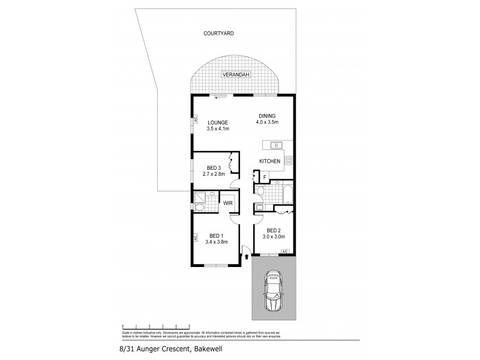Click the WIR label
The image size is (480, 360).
tap(228, 203)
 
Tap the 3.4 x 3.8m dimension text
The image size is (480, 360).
tap(216, 242)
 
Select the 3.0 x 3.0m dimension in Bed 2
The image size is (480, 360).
tap(274, 236)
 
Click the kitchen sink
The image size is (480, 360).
tap(276, 145)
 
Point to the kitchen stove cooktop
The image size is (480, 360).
tap(288, 161)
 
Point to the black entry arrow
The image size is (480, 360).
tap(247, 257)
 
